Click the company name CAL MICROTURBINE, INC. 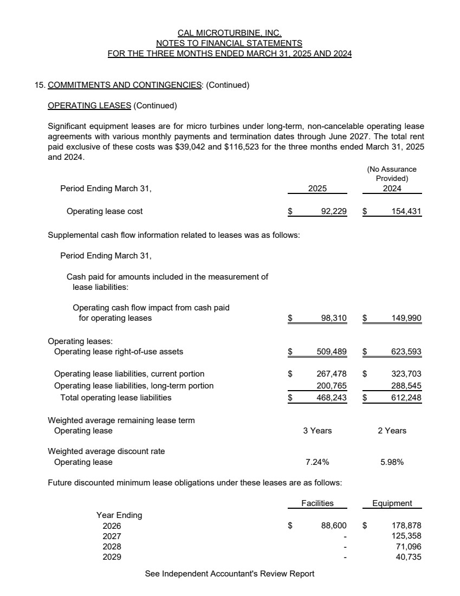tap(230, 33)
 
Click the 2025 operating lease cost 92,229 tap(333, 211)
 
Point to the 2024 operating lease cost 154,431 tap(406, 211)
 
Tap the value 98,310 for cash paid tap(333, 318)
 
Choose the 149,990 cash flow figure tap(406, 318)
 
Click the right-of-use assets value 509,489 tap(331, 352)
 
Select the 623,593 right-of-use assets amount tap(406, 352)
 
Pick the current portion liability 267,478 tap(331, 374)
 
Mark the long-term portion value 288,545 tap(406, 386)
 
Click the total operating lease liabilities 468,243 tap(331, 398)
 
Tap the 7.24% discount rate tap(318, 462)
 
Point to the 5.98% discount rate tap(392, 462)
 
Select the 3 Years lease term tap(318, 431)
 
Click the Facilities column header tap(318, 503)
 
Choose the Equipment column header tap(392, 503)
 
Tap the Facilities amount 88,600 tap(333, 526)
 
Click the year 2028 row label tap(112, 547)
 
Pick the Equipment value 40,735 tap(409, 557)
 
